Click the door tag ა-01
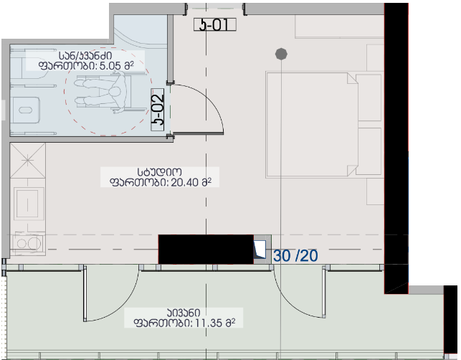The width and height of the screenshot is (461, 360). (x=215, y=24)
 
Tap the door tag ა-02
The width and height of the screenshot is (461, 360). (x=158, y=110)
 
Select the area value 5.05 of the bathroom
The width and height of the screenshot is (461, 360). (x=110, y=66)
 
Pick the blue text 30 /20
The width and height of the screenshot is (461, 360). (x=295, y=255)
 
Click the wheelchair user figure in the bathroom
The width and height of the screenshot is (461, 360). (x=103, y=94)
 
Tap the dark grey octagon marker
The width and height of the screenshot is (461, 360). (x=281, y=54)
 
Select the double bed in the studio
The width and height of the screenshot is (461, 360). (x=324, y=125)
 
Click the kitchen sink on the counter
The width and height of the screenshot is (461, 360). (x=27, y=203)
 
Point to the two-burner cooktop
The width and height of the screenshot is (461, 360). (x=28, y=243)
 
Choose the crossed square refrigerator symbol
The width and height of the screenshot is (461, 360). (x=28, y=161)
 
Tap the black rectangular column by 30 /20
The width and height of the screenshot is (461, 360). (x=206, y=249)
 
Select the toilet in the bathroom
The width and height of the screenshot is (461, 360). (x=25, y=110)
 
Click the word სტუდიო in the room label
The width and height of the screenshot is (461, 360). (x=159, y=172)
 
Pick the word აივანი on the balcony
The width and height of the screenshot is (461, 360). (x=184, y=313)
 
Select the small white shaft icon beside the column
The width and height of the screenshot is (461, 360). (x=260, y=249)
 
